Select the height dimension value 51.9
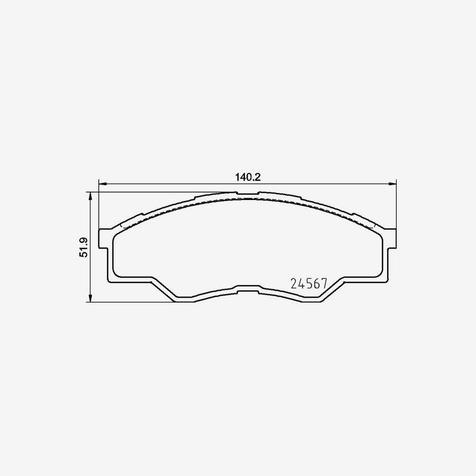(x=84, y=248)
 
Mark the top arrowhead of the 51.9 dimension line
(x=91, y=196)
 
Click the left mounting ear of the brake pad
(x=105, y=239)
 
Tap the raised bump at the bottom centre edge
(x=248, y=288)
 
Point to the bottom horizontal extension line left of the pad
(x=132, y=303)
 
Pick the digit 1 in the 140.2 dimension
(x=237, y=178)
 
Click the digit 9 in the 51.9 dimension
(x=84, y=241)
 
